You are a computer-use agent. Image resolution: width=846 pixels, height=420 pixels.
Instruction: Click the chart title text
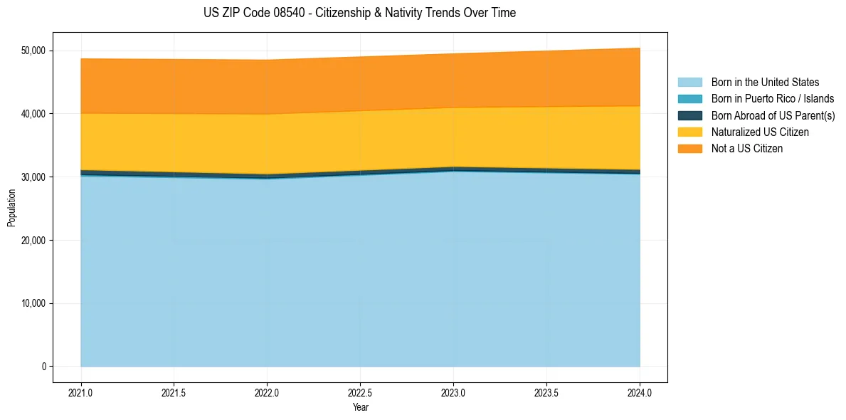pyautogui.click(x=359, y=13)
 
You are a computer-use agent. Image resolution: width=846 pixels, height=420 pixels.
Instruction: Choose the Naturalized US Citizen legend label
pyautogui.click(x=760, y=132)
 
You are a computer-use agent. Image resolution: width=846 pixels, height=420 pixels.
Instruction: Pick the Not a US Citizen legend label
pyautogui.click(x=747, y=149)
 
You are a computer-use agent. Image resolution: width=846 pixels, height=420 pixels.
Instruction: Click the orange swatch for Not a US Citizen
pyautogui.click(x=689, y=149)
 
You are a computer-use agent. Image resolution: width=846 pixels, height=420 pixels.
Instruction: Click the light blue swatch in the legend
pyautogui.click(x=689, y=83)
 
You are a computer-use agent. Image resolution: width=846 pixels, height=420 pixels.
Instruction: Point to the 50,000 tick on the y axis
pyautogui.click(x=33, y=51)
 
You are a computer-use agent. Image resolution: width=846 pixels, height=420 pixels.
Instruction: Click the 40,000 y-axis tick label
pyautogui.click(x=33, y=114)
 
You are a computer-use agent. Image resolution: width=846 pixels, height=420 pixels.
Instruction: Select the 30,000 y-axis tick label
pyautogui.click(x=33, y=177)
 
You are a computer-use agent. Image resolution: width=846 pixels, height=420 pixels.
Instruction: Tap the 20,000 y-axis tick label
pyautogui.click(x=33, y=241)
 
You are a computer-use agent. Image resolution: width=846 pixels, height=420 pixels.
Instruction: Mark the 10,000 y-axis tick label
pyautogui.click(x=33, y=304)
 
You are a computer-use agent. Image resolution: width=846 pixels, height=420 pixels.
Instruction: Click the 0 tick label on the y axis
pyautogui.click(x=43, y=367)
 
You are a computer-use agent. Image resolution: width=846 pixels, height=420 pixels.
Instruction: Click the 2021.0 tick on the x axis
pyautogui.click(x=81, y=392)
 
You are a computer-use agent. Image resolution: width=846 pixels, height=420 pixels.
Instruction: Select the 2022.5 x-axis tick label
pyautogui.click(x=360, y=392)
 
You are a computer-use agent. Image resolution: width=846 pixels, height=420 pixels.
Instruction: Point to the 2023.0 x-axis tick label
pyautogui.click(x=453, y=392)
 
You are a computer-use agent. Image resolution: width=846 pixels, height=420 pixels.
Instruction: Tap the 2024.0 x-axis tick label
pyautogui.click(x=640, y=392)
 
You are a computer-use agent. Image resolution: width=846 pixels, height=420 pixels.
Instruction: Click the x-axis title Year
pyautogui.click(x=360, y=407)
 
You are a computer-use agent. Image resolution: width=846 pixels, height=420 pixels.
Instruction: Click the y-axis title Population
pyautogui.click(x=11, y=208)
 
